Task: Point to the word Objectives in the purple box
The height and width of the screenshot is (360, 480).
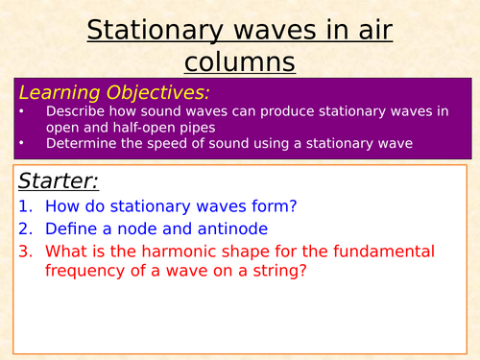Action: pyautogui.click(x=158, y=92)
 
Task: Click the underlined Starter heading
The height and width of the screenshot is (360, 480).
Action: pyautogui.click(x=59, y=181)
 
